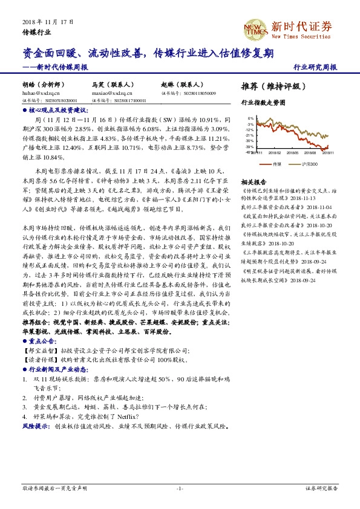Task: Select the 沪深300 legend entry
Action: (x=315, y=164)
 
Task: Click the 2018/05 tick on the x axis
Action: (x=293, y=154)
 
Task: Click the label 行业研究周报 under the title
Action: (x=316, y=66)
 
